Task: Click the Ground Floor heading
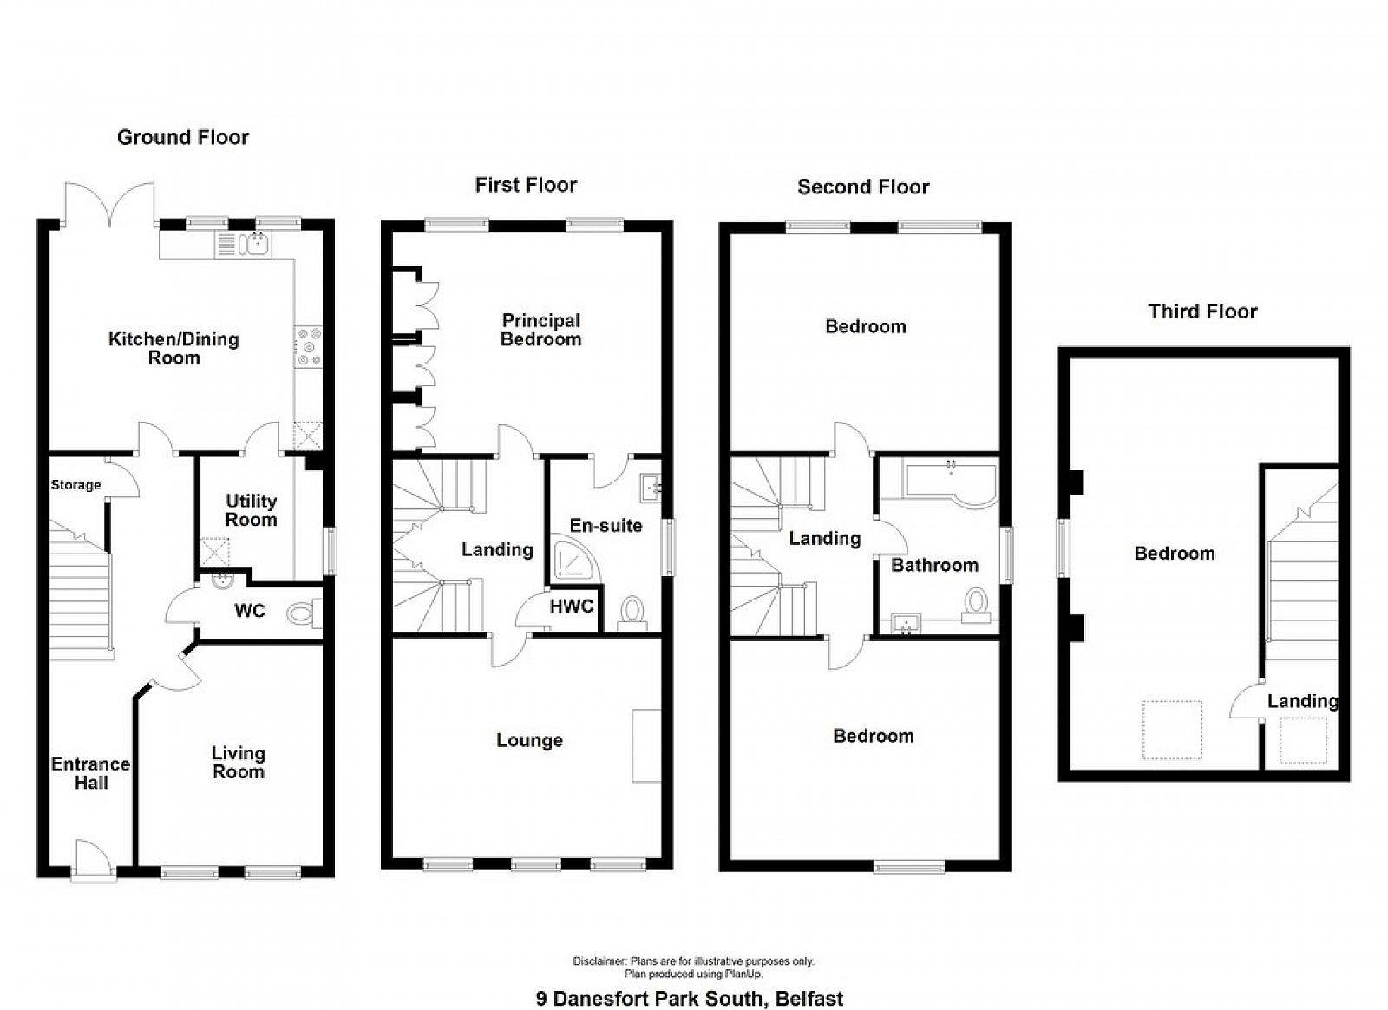(x=183, y=137)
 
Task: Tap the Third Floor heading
(x=1202, y=311)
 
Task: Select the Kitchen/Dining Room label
(x=173, y=348)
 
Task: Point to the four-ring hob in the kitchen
(x=309, y=347)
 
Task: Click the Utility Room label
(x=251, y=510)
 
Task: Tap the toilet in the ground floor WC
(x=304, y=613)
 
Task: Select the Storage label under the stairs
(x=75, y=484)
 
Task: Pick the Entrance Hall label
(x=91, y=772)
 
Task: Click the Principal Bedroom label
(x=541, y=330)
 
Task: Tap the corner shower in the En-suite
(x=575, y=562)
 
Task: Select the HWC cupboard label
(x=572, y=606)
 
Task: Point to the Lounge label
(x=530, y=740)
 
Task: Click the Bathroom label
(x=935, y=565)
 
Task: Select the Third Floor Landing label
(x=1302, y=701)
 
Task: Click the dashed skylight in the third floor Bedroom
(x=1172, y=730)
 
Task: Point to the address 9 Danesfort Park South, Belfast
(x=690, y=998)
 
